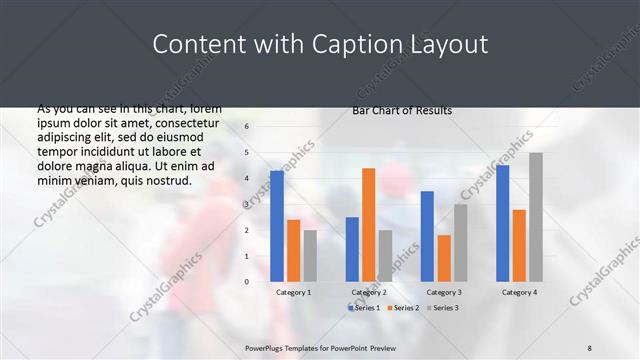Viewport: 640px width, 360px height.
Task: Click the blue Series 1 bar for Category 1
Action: [277, 226]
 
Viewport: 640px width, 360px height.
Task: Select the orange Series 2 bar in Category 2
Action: [368, 225]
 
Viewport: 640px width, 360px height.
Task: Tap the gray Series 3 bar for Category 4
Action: [536, 217]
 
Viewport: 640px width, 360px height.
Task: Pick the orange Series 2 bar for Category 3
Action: [443, 258]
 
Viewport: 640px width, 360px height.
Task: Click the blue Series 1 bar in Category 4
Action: [502, 223]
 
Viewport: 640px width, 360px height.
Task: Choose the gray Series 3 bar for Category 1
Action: [310, 256]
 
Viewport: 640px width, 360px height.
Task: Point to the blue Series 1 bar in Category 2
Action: [352, 249]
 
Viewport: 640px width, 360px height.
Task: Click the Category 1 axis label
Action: [294, 292]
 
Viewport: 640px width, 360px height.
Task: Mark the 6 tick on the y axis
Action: [246, 127]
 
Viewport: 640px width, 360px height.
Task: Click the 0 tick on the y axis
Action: [246, 282]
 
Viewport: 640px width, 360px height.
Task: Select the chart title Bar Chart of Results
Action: [402, 110]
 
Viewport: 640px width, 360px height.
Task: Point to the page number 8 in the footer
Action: [590, 346]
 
